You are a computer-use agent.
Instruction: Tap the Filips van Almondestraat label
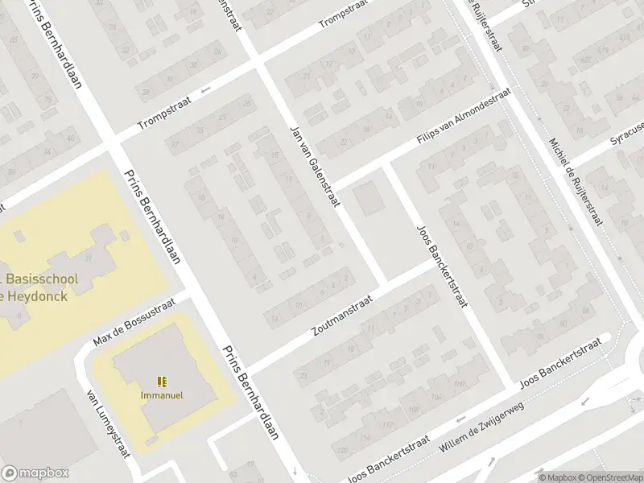click(x=464, y=118)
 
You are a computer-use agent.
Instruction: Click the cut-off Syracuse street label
click(x=627, y=133)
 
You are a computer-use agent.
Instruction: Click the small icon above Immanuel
click(x=163, y=381)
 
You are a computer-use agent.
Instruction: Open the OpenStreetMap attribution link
click(x=609, y=477)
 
